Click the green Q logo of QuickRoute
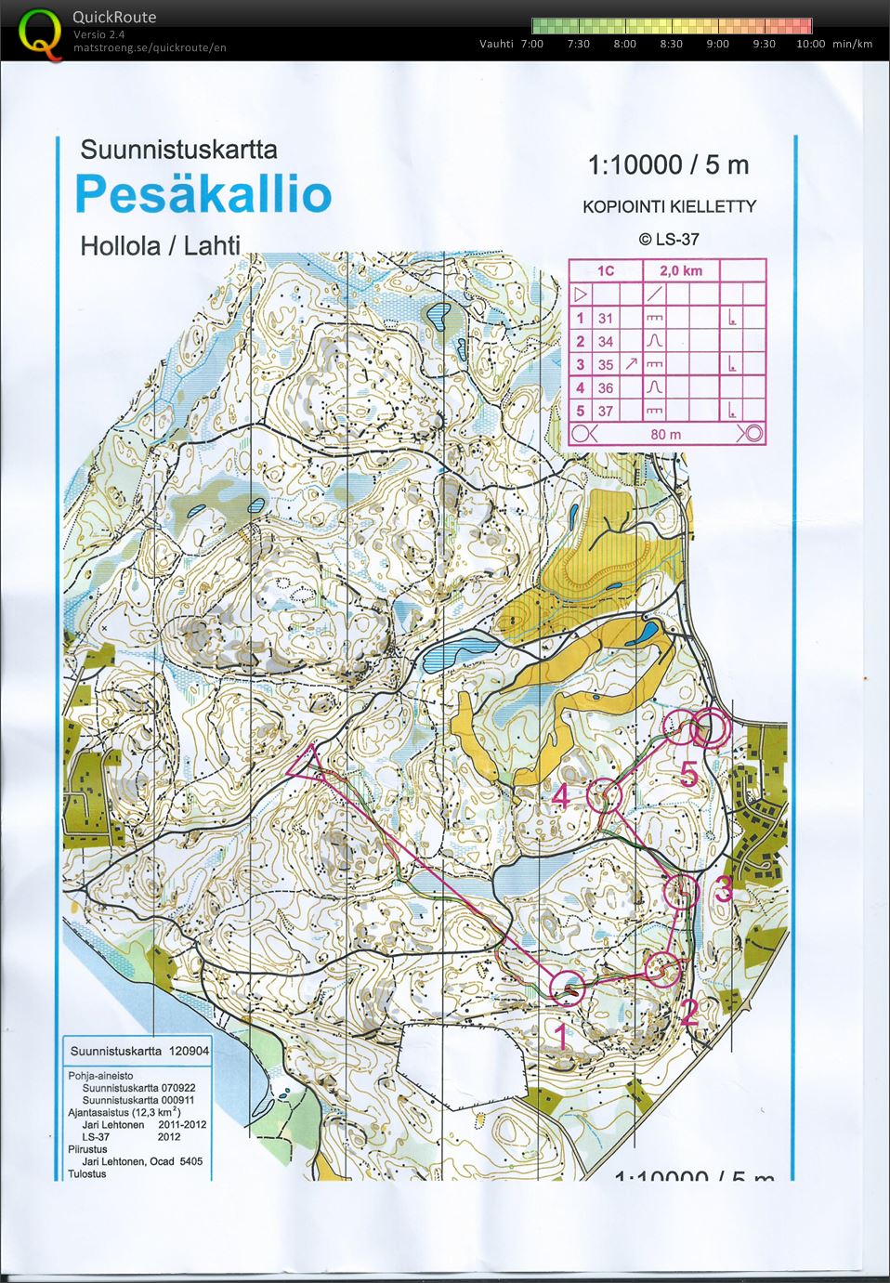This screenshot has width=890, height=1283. point(37,31)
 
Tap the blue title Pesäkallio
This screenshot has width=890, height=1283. point(203,194)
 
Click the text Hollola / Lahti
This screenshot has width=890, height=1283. point(160,246)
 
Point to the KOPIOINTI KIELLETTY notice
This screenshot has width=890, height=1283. point(669,206)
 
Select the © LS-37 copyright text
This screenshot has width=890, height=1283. point(669,239)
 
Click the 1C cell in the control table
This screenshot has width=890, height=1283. point(606,270)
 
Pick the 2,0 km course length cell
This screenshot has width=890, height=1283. point(680,270)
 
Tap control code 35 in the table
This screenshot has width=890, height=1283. point(606,365)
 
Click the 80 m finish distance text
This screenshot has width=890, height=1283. point(665,434)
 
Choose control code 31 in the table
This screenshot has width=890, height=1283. point(606,318)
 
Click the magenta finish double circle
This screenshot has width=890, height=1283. point(710,727)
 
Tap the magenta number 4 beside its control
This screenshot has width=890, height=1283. point(561,797)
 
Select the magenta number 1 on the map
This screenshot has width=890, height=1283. point(560,1032)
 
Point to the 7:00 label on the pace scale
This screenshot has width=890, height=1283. point(532,44)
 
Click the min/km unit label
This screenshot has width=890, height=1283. point(852,44)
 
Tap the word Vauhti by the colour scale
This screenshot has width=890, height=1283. point(496,44)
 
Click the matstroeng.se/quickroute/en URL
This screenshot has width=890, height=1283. point(150,47)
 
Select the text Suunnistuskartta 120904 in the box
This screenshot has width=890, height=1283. point(139,1051)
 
